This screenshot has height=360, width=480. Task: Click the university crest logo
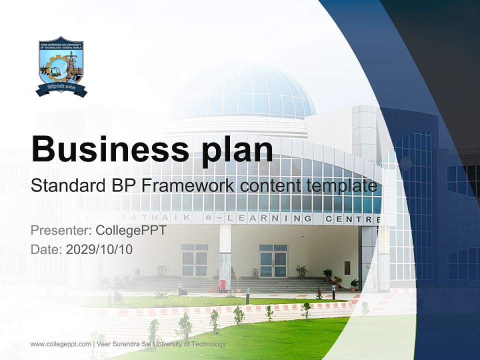pyautogui.click(x=61, y=66)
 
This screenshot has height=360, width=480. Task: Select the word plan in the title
pyautogui.click(x=237, y=149)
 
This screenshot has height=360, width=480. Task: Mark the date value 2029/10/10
pyautogui.click(x=99, y=249)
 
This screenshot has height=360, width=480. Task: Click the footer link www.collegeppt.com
pyautogui.click(x=60, y=344)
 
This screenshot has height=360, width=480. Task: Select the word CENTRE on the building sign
pyautogui.click(x=353, y=219)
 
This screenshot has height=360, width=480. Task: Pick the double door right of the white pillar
pyautogui.click(x=273, y=261)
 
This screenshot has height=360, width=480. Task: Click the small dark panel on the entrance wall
pyautogui.click(x=347, y=267)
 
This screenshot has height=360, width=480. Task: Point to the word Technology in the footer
pyautogui.click(x=207, y=344)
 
